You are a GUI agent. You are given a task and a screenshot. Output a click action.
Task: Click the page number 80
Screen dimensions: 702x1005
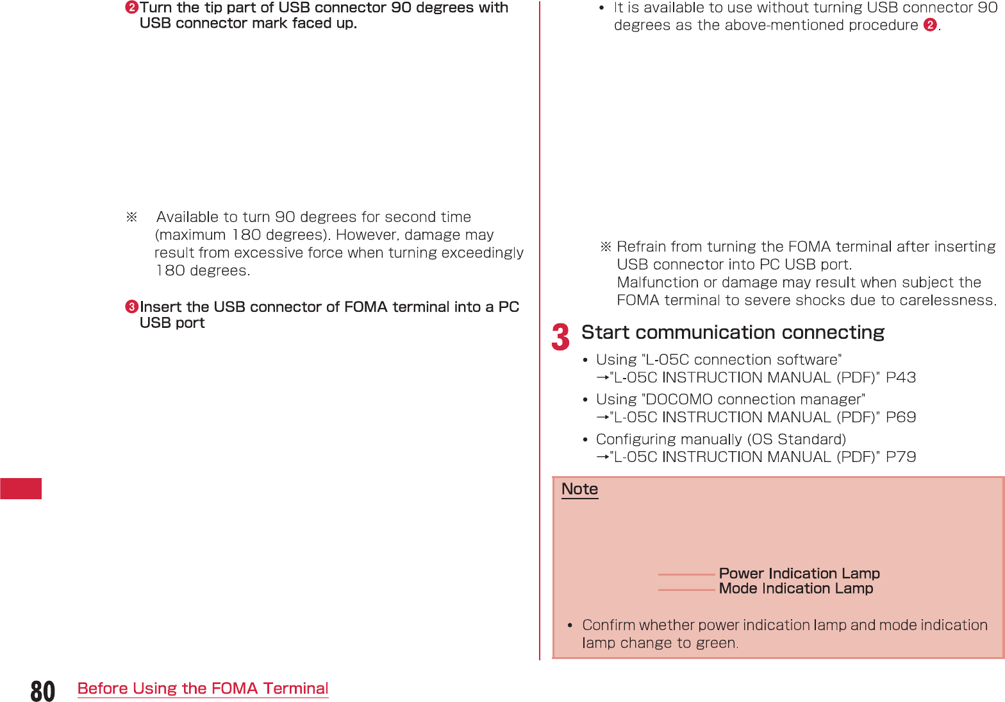coord(43,691)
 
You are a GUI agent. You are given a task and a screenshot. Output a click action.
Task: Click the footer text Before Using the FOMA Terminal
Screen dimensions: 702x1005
coord(203,689)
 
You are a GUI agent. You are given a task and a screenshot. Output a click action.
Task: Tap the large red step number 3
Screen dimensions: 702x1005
coord(560,338)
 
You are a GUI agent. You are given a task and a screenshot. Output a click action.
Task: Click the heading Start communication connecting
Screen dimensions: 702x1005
coord(733,332)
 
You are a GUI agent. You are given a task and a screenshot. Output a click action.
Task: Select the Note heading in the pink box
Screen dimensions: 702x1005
coord(579,489)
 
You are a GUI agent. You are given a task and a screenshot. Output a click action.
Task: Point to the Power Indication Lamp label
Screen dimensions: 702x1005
coord(799,573)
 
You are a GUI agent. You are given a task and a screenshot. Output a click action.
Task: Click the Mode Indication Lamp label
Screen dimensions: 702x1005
coord(796,588)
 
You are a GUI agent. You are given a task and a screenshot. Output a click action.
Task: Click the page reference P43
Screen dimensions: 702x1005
coord(901,377)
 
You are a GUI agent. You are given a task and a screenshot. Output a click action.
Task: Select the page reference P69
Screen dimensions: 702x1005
coord(901,417)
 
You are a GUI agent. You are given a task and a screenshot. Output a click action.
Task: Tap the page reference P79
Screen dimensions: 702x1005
coord(901,457)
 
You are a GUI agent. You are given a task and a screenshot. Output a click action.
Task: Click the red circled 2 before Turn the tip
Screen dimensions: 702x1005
coord(131,8)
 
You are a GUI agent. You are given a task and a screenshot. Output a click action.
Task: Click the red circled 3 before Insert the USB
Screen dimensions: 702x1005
coord(131,307)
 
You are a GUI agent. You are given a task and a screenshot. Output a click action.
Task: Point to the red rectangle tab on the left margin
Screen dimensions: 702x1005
coord(21,488)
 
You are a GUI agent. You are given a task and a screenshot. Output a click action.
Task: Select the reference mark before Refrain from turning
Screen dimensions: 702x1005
coord(606,246)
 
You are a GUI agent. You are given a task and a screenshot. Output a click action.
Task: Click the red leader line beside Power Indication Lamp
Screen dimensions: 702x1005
coord(686,574)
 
